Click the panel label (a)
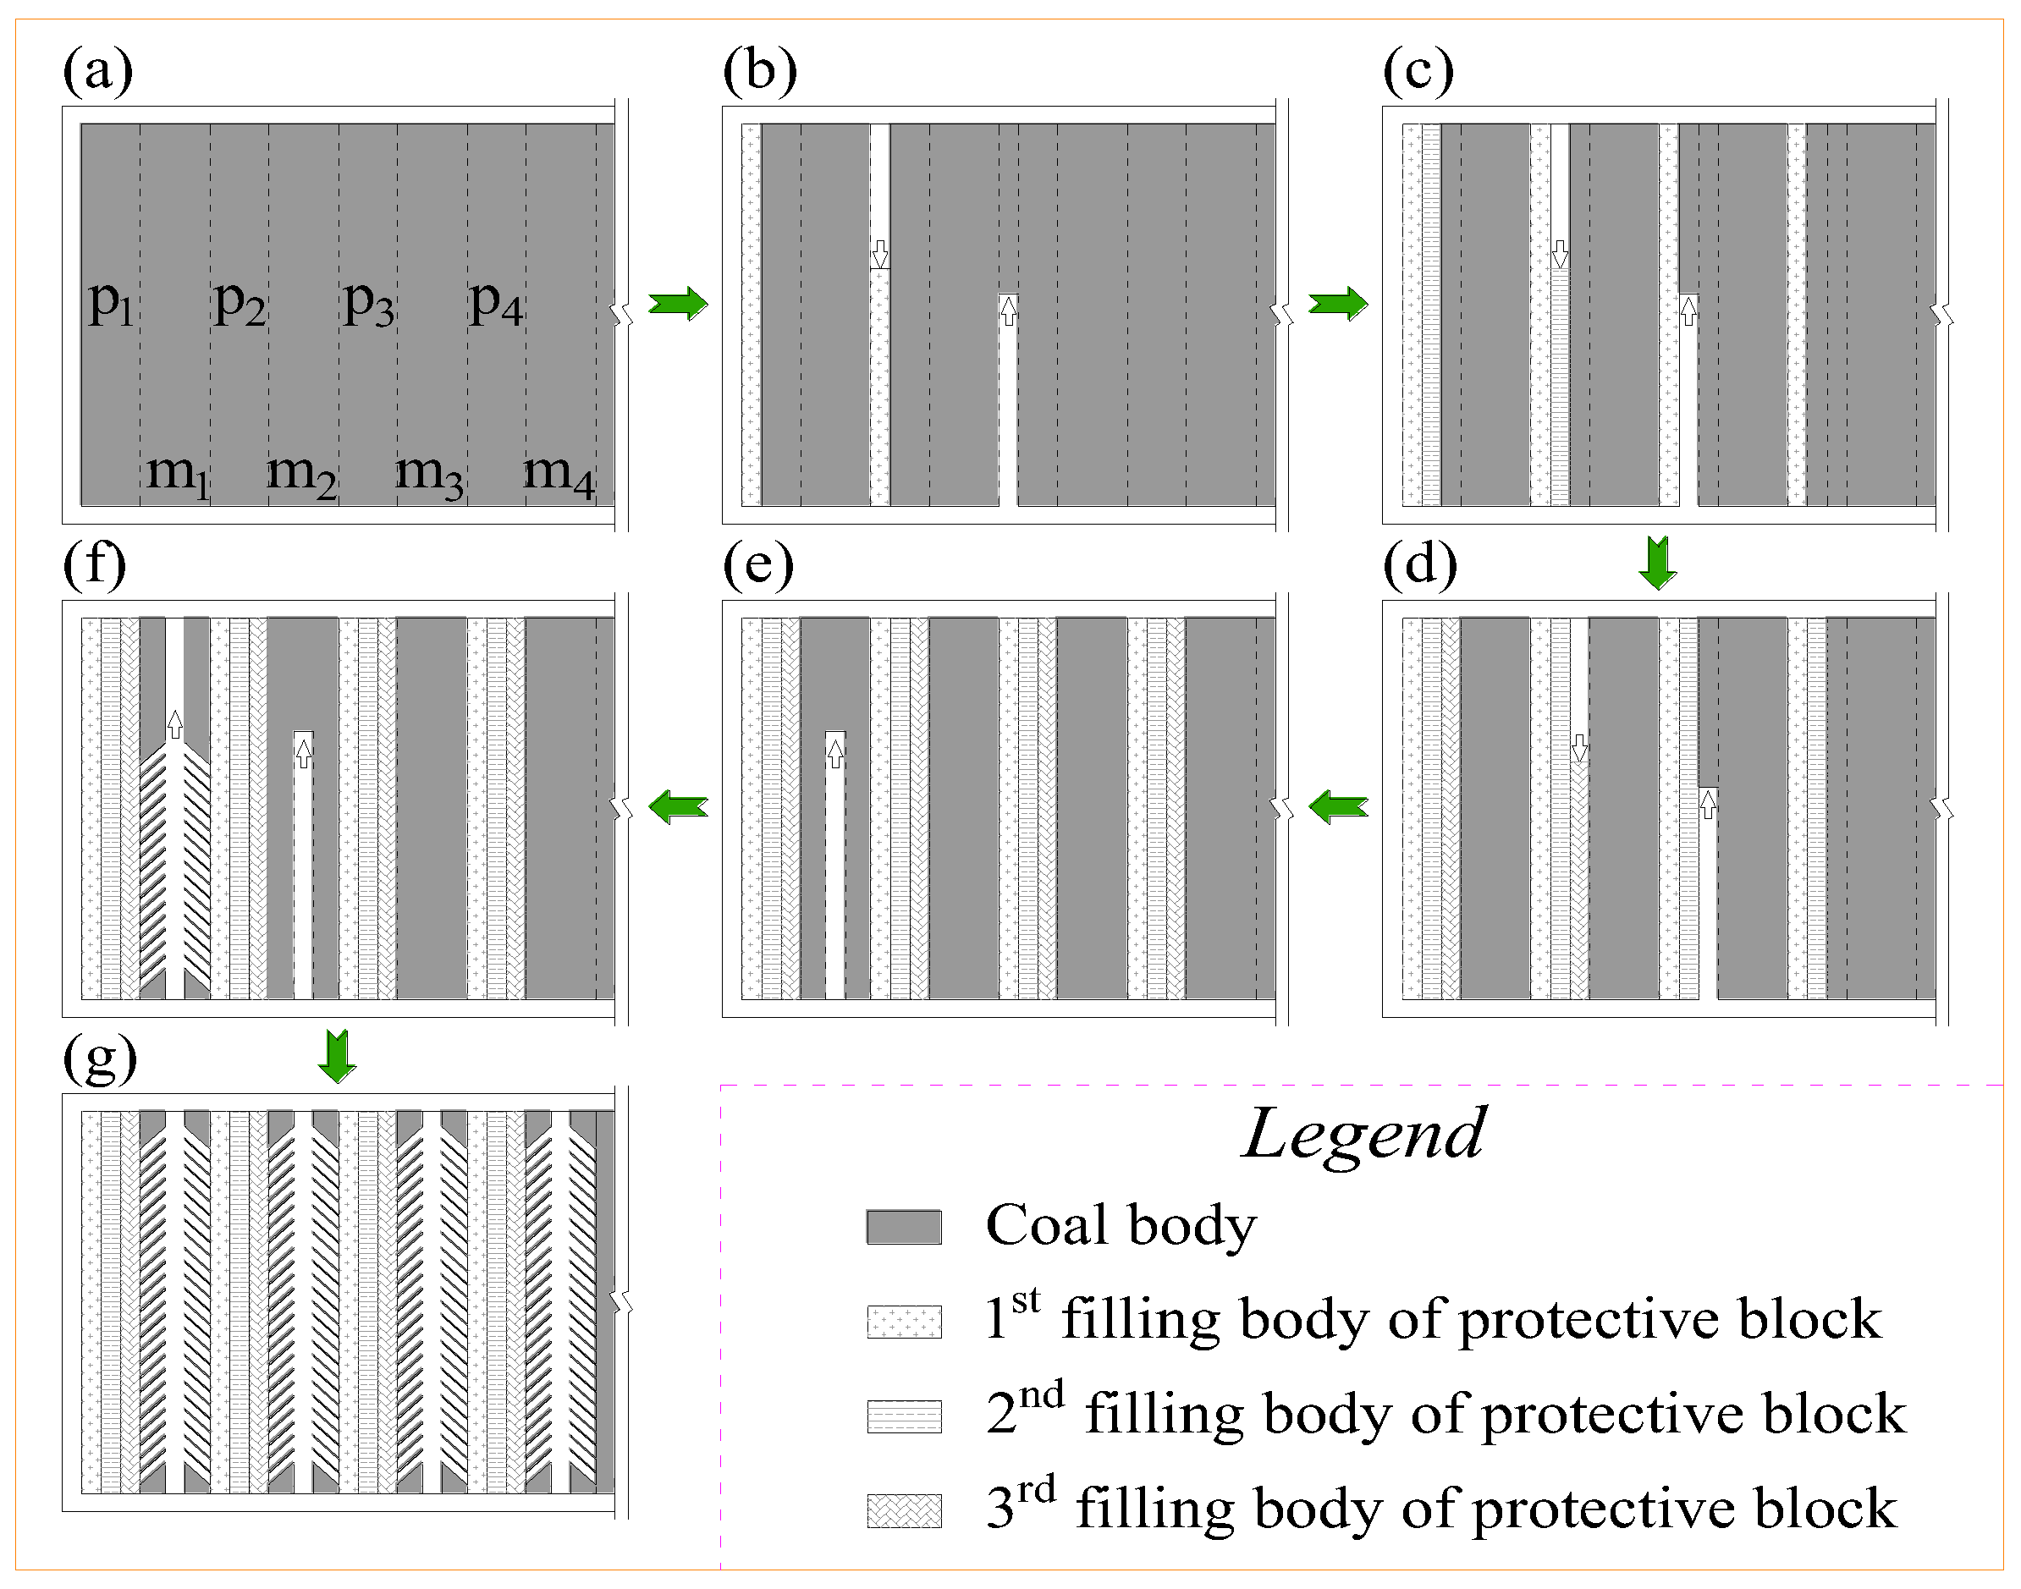[x=97, y=71]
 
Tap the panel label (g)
[x=100, y=1059]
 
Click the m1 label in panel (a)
[x=178, y=473]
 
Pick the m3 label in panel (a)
[x=429, y=473]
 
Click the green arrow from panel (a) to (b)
[x=678, y=303]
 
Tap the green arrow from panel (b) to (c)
[x=1338, y=303]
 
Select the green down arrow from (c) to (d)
[x=1657, y=562]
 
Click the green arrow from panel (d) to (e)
[x=1338, y=805]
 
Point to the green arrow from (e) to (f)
[x=678, y=805]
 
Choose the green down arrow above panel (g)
[x=337, y=1056]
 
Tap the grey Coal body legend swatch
[x=904, y=1227]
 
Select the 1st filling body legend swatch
[x=904, y=1321]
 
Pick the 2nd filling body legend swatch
[x=904, y=1416]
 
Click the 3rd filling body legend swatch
[x=904, y=1510]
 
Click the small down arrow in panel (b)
[x=879, y=254]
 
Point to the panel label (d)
[x=1420, y=564]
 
